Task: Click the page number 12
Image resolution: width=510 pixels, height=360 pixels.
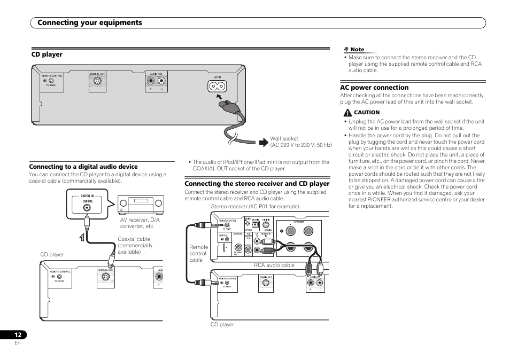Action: [18, 334]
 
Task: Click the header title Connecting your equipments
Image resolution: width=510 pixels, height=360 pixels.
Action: [90, 22]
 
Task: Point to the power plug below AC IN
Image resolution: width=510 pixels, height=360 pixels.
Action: [227, 105]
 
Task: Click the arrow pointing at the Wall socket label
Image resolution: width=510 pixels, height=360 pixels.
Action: [262, 142]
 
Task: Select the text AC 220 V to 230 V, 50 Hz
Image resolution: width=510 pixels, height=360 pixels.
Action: [301, 145]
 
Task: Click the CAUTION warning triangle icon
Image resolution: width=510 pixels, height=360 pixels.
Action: [347, 113]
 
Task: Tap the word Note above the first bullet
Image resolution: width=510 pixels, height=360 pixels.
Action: [357, 50]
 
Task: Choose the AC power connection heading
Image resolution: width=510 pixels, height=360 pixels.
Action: [374, 88]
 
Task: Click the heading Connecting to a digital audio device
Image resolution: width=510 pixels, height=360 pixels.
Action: [83, 167]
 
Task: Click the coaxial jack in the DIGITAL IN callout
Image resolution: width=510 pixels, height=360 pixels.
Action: [87, 208]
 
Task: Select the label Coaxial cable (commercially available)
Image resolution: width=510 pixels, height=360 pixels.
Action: [135, 246]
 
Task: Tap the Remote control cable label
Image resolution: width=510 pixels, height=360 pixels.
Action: [198, 253]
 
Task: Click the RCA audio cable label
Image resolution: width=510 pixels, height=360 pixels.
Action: [274, 265]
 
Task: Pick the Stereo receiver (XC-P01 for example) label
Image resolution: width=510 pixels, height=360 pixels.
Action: [255, 207]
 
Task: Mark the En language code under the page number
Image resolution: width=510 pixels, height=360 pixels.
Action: [18, 343]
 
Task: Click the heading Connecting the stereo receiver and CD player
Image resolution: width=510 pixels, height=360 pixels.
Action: [257, 184]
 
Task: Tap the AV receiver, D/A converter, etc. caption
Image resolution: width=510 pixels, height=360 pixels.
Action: [140, 223]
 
